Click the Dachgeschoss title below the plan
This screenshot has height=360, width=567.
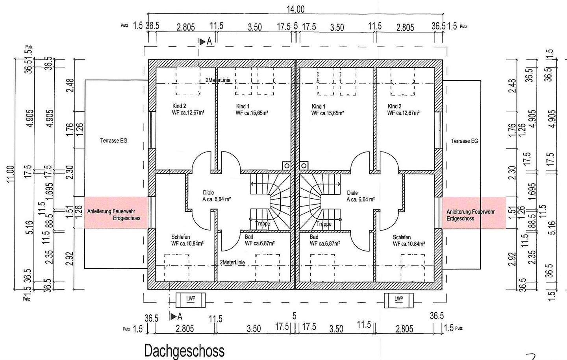tap(184, 350)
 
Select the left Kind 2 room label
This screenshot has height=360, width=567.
tap(179, 106)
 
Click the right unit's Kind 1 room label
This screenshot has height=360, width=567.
tap(318, 107)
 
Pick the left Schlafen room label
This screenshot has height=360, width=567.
tap(181, 237)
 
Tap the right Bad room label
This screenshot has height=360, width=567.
tap(314, 237)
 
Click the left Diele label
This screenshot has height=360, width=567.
tap(208, 193)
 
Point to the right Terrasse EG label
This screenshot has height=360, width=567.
tap(465, 141)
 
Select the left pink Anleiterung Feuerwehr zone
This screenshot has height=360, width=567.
tap(117, 212)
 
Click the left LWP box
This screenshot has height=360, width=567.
tap(191, 300)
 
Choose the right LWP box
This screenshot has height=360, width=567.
tap(398, 300)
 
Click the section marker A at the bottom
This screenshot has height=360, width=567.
tap(176, 316)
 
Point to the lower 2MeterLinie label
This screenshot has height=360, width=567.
tap(232, 262)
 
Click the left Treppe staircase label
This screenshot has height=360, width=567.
tap(262, 224)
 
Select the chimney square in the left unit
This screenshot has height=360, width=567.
tap(286, 166)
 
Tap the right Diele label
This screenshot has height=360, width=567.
tap(352, 193)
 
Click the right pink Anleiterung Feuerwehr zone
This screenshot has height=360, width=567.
tap(474, 212)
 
